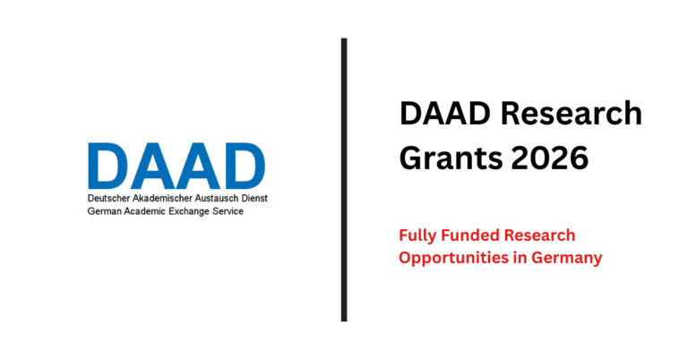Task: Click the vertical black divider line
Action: click(344, 179)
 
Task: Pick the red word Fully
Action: click(417, 236)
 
